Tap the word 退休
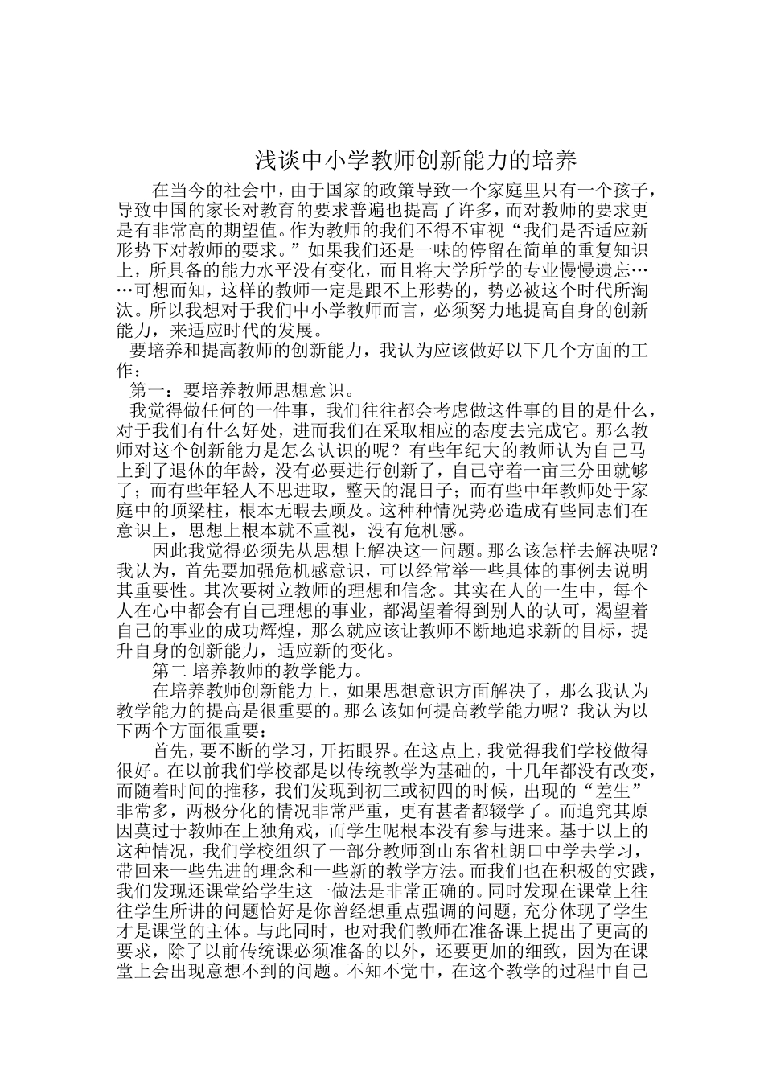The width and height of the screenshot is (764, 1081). (208, 470)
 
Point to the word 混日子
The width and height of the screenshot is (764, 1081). (418, 490)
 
